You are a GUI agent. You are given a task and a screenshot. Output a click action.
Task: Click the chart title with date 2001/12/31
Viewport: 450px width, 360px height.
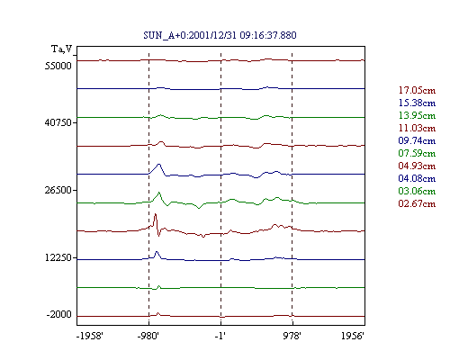pyautogui.click(x=220, y=35)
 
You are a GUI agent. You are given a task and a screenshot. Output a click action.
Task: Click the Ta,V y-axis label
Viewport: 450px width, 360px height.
pyautogui.click(x=62, y=49)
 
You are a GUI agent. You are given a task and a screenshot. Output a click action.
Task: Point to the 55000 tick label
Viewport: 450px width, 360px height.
pyautogui.click(x=58, y=66)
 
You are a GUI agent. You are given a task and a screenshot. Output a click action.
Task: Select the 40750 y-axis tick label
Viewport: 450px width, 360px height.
pyautogui.click(x=58, y=122)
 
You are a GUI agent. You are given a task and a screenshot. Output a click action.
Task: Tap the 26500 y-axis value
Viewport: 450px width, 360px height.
pyautogui.click(x=58, y=190)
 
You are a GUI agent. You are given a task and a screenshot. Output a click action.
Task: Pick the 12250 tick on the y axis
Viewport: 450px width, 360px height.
pyautogui.click(x=58, y=257)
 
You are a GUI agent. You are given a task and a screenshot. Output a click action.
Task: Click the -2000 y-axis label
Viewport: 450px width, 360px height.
pyautogui.click(x=59, y=314)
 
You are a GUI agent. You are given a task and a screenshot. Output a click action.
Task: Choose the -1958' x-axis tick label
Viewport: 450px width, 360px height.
pyautogui.click(x=90, y=336)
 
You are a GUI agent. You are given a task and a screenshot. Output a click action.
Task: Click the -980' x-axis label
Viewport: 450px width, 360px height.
pyautogui.click(x=148, y=336)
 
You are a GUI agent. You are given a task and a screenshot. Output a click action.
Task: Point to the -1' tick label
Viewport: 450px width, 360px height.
pyautogui.click(x=220, y=336)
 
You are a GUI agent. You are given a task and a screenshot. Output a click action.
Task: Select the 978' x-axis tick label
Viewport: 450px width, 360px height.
pyautogui.click(x=292, y=336)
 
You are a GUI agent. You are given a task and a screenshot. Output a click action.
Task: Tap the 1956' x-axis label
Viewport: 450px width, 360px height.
pyautogui.click(x=353, y=336)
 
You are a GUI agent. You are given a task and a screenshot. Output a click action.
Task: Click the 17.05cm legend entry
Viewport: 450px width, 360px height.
pyautogui.click(x=417, y=90)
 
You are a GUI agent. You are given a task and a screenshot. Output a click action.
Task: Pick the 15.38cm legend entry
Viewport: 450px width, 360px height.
pyautogui.click(x=417, y=103)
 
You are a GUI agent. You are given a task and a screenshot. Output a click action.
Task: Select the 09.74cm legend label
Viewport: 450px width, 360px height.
pyautogui.click(x=417, y=140)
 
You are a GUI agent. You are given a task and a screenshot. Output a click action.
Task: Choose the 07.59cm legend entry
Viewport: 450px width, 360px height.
pyautogui.click(x=417, y=153)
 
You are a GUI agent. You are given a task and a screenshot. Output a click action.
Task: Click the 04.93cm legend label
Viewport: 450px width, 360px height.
pyautogui.click(x=417, y=166)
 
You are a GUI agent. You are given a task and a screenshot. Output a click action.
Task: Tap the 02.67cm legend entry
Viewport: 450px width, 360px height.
pyautogui.click(x=417, y=203)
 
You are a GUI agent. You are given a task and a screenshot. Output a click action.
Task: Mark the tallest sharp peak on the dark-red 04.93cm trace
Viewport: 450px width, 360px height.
pyautogui.click(x=155, y=213)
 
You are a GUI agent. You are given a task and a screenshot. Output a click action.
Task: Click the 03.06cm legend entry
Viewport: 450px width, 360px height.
pyautogui.click(x=417, y=191)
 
